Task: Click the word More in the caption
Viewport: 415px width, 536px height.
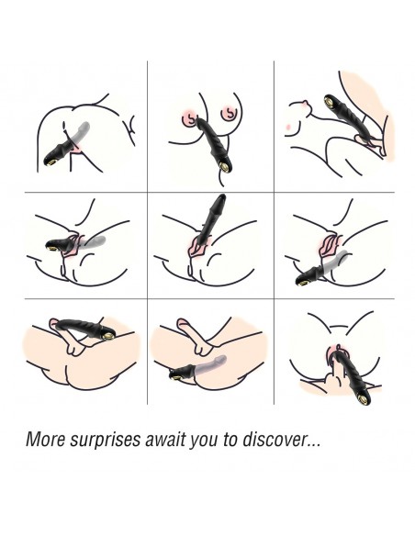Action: click(46, 440)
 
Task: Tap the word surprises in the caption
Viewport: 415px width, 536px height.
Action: click(106, 441)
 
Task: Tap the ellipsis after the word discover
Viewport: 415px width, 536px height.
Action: click(313, 445)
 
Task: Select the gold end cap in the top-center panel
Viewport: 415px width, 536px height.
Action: click(225, 166)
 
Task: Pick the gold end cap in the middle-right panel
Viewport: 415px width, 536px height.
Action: click(302, 282)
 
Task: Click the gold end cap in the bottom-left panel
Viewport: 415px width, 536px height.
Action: click(107, 336)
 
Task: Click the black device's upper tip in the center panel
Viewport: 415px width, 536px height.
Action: click(222, 196)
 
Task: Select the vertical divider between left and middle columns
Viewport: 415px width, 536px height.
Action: click(147, 232)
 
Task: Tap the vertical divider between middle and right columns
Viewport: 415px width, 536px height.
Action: click(274, 232)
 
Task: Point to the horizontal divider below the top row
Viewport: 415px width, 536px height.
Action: click(209, 192)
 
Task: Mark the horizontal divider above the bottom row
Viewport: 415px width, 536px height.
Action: click(209, 299)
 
